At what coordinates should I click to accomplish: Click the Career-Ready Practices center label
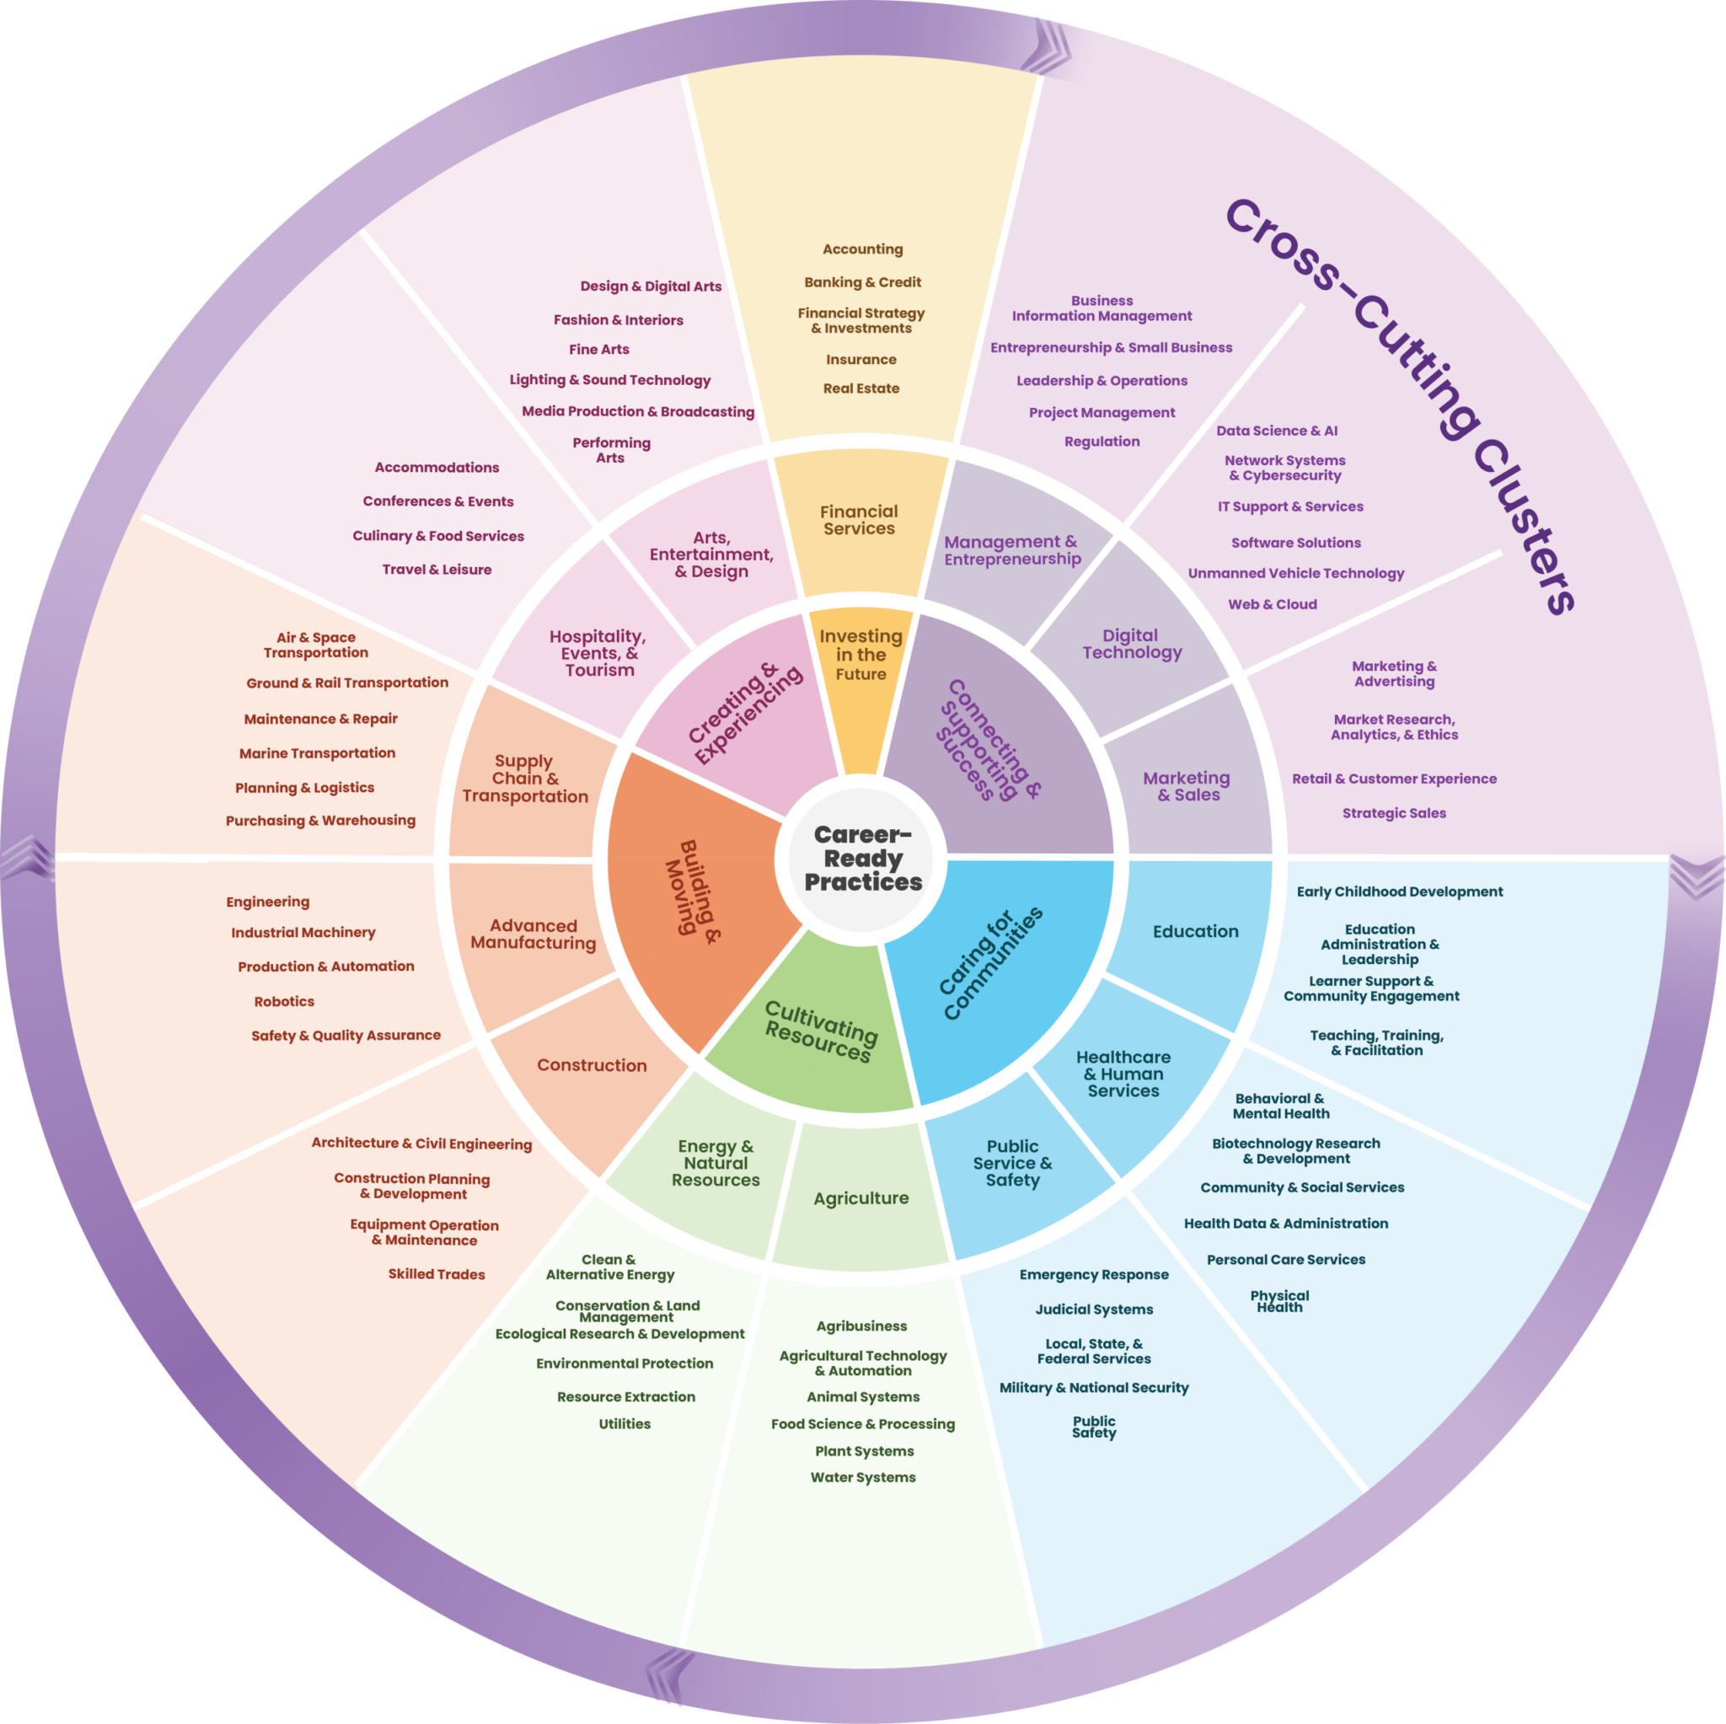(862, 859)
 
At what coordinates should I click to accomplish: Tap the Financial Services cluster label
(859, 520)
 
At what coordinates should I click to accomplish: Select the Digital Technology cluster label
(1131, 643)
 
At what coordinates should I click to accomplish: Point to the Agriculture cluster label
(860, 1198)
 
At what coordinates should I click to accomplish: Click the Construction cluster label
(592, 1065)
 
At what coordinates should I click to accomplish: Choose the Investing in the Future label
(860, 655)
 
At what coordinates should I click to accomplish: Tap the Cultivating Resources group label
(821, 1031)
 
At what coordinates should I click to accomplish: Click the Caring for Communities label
(990, 963)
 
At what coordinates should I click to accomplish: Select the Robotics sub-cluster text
(284, 1001)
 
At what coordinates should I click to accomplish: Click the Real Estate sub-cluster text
(860, 388)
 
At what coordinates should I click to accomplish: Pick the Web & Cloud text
(1272, 604)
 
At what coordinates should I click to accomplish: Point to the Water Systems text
(862, 1476)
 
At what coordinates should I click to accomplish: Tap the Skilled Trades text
(436, 1274)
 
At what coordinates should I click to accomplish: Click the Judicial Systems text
(1093, 1309)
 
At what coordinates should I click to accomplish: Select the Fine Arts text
(598, 350)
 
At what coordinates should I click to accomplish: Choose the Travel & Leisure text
(436, 569)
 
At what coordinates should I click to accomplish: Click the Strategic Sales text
(1394, 813)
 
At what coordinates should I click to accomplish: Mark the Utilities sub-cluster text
(624, 1423)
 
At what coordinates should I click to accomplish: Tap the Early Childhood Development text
(1399, 891)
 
